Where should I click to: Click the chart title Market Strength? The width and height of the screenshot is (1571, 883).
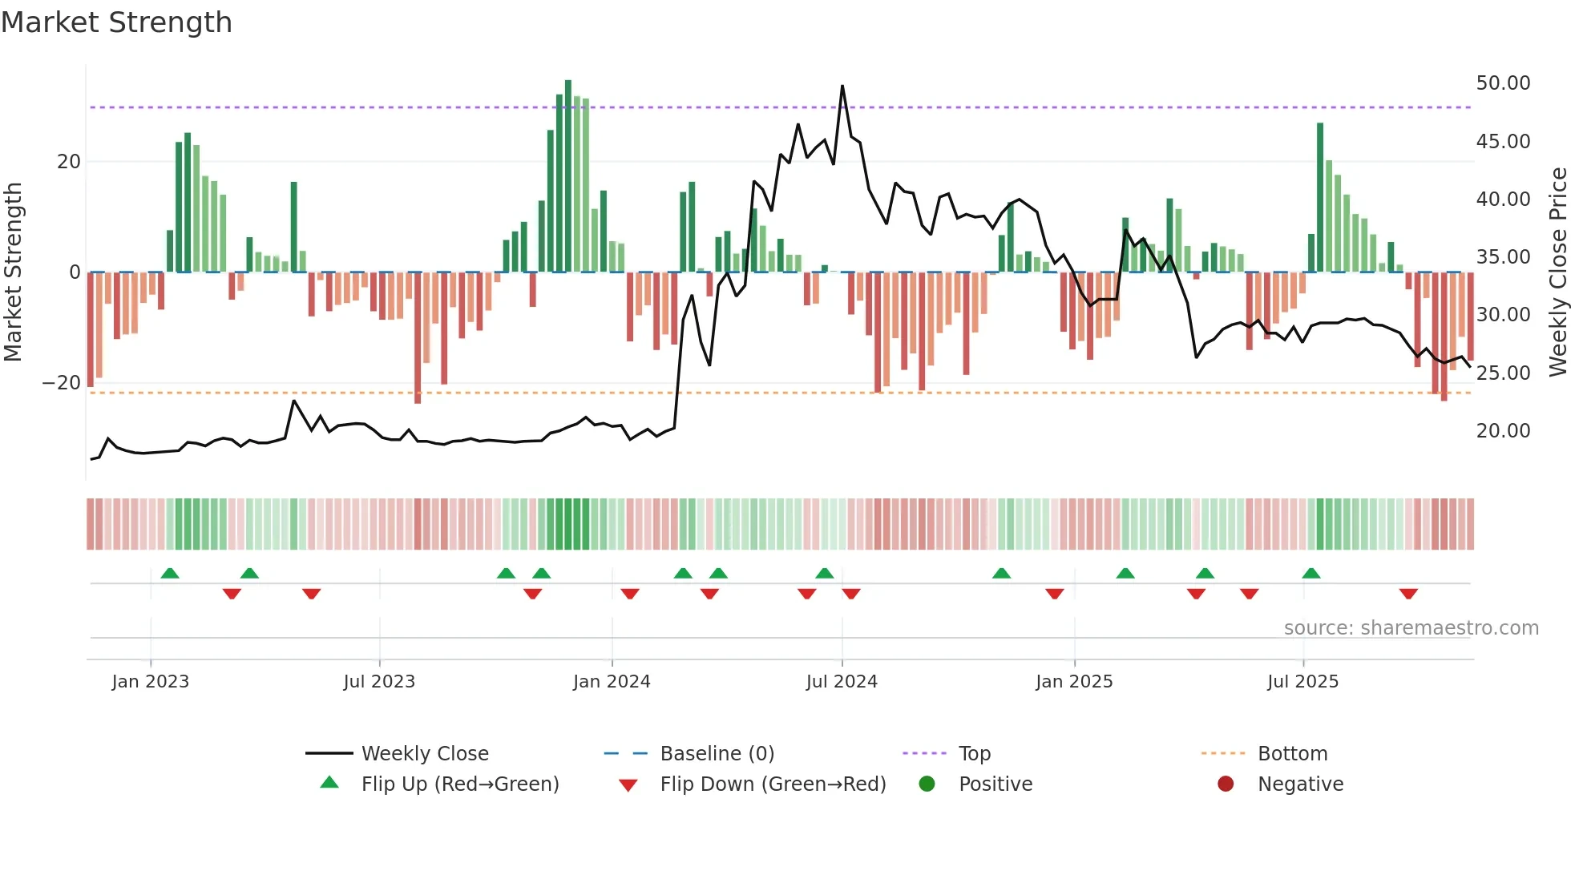coord(116,22)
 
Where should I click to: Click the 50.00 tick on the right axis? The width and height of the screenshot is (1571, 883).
coord(1503,83)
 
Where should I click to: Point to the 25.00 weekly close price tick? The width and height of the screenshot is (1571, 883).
coord(1503,373)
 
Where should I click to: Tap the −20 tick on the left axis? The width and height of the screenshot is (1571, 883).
coord(61,383)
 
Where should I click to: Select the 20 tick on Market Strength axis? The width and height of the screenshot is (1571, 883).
coord(69,162)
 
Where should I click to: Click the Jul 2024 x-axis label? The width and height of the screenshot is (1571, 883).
coord(842,682)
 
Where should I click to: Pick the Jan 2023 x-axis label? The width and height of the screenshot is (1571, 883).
coord(151,682)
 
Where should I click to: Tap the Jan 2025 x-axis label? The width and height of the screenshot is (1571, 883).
coord(1074,682)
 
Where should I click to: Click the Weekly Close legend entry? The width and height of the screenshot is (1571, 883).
coord(424,754)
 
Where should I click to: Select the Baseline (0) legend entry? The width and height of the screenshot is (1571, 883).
coord(717,754)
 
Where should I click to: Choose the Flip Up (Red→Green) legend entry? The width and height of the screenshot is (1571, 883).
coord(459,784)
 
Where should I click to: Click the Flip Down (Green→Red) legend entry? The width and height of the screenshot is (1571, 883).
coord(773,784)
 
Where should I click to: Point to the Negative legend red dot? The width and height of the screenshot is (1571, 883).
coord(1226,784)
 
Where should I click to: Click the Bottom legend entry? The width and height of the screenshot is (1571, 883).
coord(1292,754)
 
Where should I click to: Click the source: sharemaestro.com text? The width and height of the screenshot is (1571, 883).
coord(1411,628)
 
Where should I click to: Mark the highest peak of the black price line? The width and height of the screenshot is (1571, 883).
coord(842,86)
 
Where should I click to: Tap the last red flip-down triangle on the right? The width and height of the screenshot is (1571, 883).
coord(1408,594)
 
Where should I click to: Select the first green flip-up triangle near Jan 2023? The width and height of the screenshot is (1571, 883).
coord(170,574)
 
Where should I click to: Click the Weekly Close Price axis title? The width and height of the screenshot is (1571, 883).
coord(1557,272)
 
